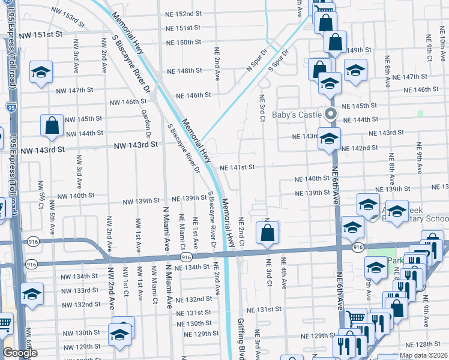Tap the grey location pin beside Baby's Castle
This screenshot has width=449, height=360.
click(329, 114)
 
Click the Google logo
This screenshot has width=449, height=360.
click(20, 353)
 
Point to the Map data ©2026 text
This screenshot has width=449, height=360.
click(424, 355)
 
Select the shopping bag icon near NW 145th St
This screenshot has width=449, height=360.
click(52, 125)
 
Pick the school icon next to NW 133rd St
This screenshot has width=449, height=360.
click(32, 293)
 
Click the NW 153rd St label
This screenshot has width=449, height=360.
click(68, 15)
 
